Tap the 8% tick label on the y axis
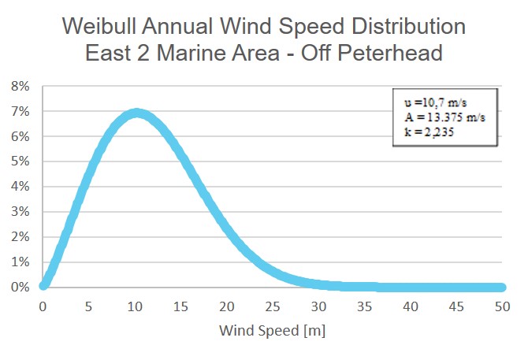[20, 87]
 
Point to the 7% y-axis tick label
[20, 112]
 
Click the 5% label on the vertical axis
[20, 161]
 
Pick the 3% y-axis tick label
[20, 212]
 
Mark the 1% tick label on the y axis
[20, 262]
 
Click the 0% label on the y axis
[20, 288]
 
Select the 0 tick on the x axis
[43, 306]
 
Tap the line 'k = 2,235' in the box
[426, 133]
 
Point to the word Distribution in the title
[400, 28]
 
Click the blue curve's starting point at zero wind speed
[45, 284]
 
